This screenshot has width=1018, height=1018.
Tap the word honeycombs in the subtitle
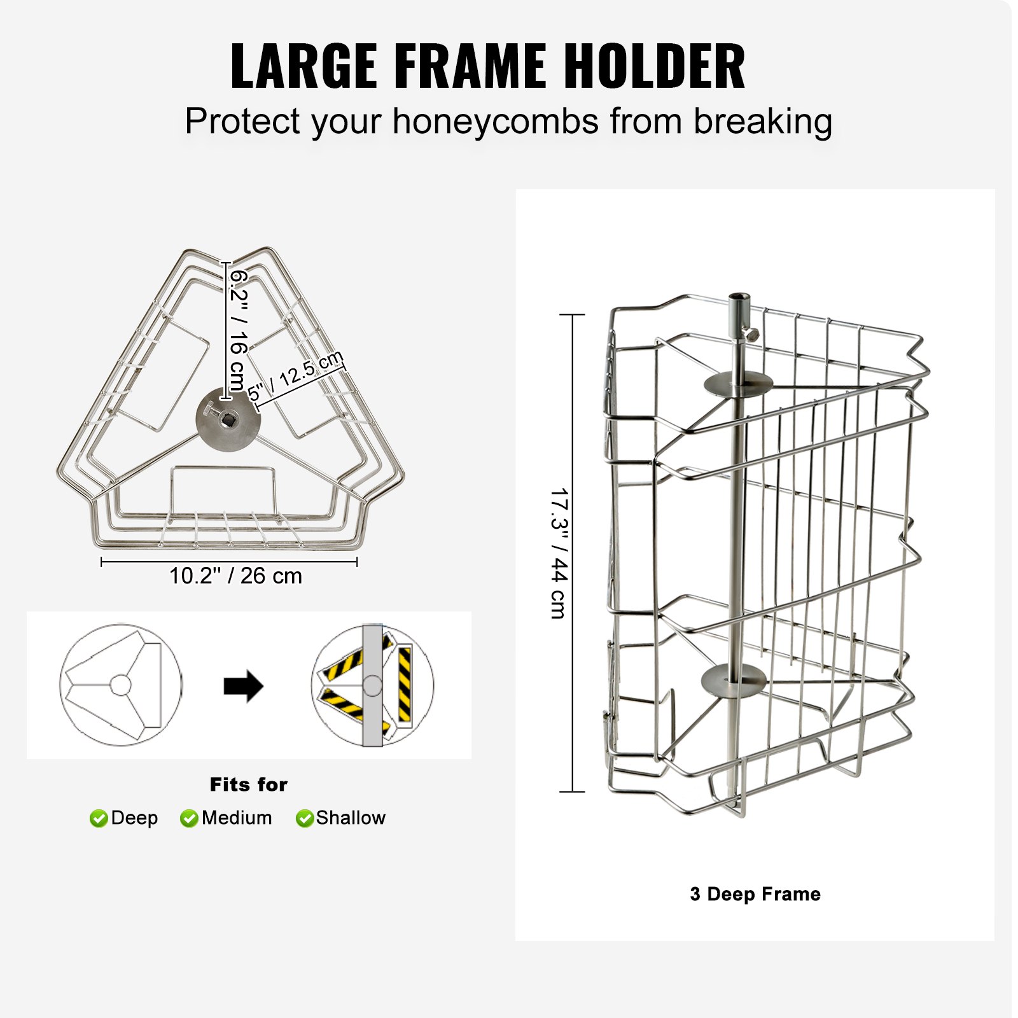tap(496, 121)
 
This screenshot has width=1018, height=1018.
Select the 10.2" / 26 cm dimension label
tap(235, 576)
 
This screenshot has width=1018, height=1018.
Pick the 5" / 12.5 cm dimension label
tap(295, 376)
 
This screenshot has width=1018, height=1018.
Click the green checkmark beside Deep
tap(99, 818)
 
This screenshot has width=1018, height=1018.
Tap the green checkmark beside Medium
tap(189, 818)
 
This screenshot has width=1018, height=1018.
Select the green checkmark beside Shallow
tap(305, 818)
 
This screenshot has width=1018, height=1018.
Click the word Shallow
tap(351, 818)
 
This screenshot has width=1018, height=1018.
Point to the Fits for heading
tap(248, 784)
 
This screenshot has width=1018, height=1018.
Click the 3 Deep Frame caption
tap(755, 894)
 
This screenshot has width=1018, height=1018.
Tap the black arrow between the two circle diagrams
tap(244, 686)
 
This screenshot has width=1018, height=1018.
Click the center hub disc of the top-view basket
tap(228, 420)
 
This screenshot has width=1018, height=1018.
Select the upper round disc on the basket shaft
tap(737, 384)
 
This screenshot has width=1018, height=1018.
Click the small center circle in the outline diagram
tap(121, 685)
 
